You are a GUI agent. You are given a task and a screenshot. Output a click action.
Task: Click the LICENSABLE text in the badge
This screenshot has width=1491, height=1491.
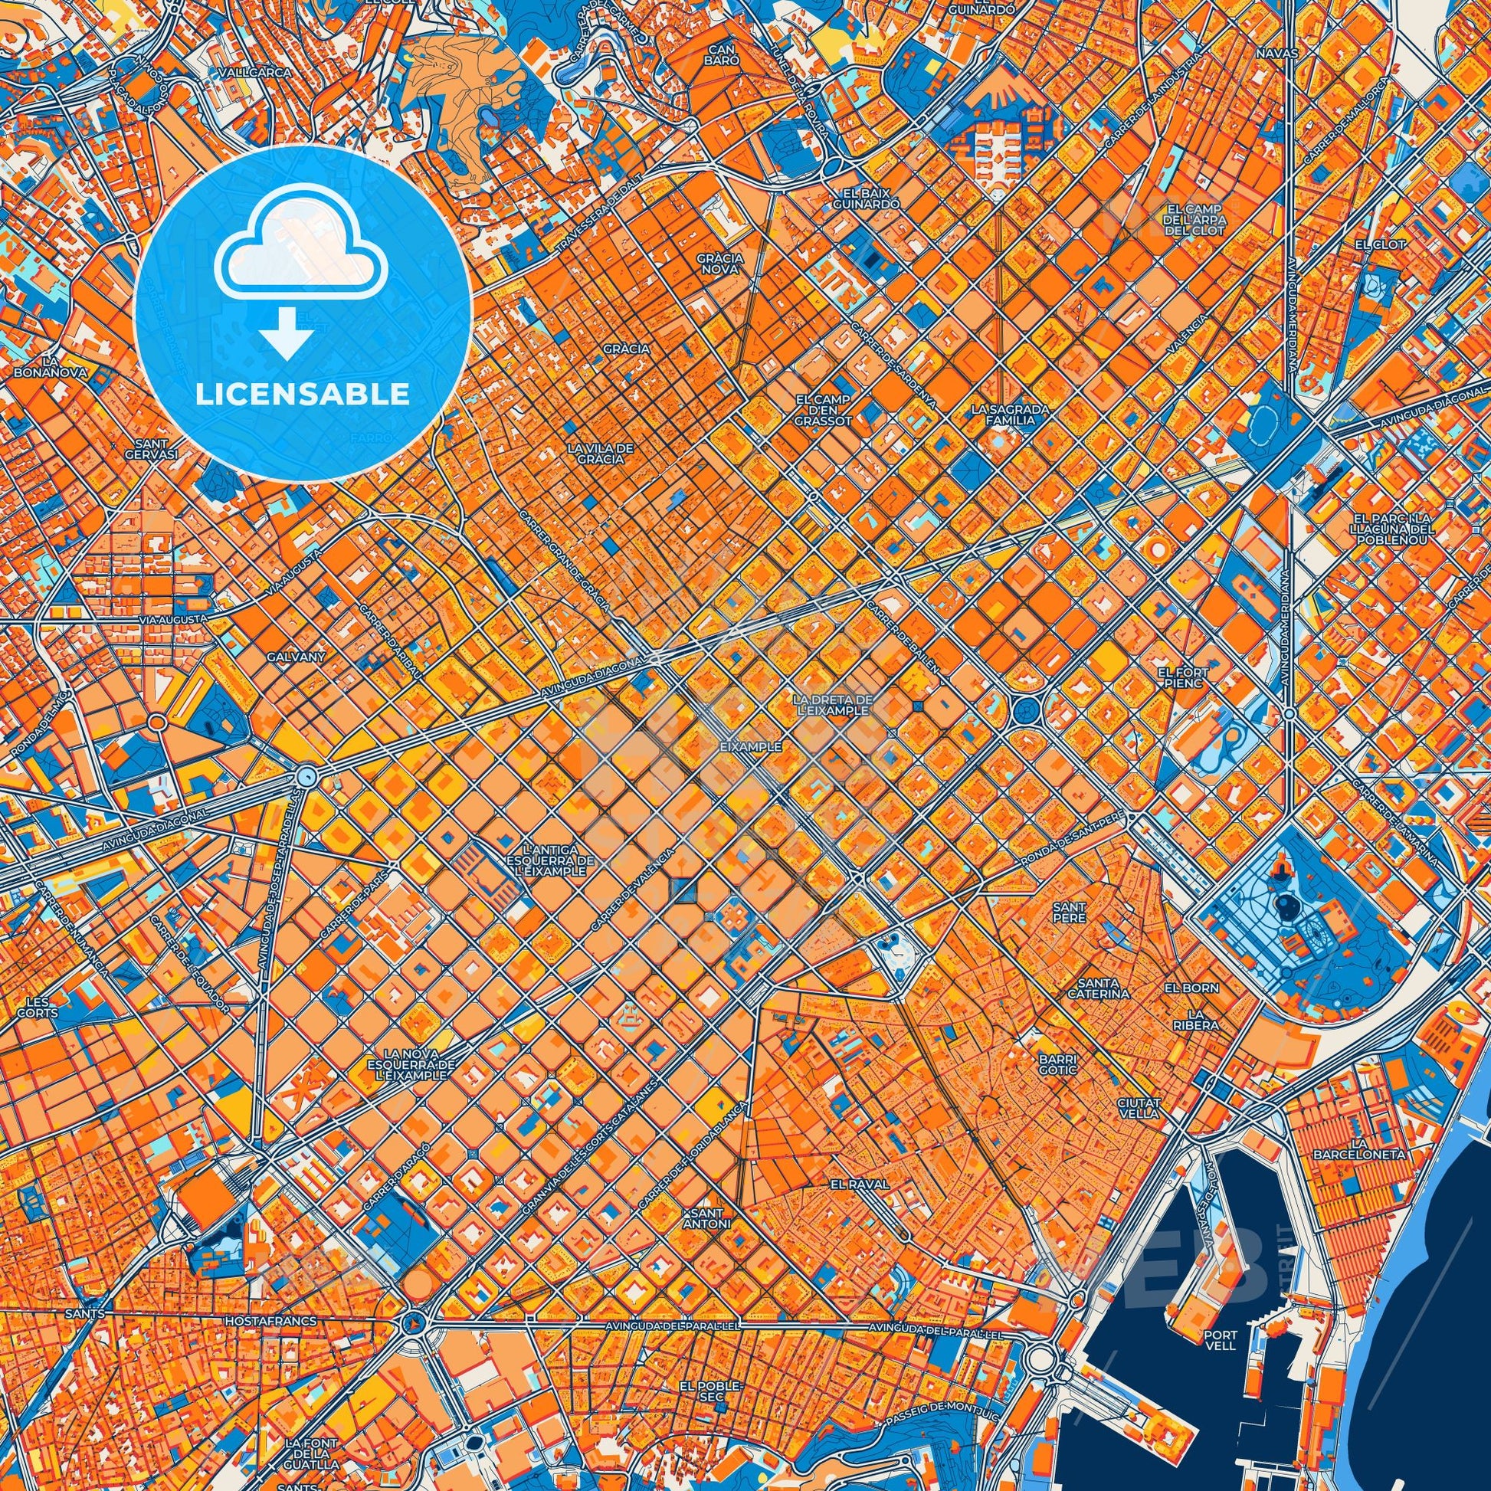302,395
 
